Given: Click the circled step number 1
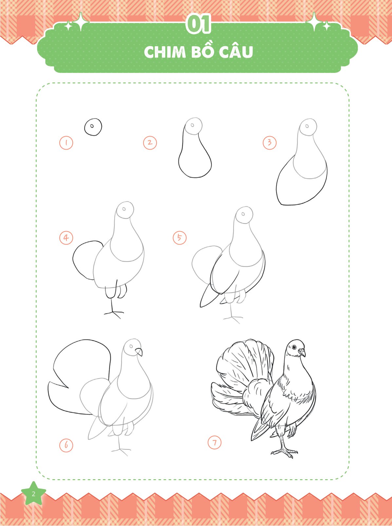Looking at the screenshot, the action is click(66, 143).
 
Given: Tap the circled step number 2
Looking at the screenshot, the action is click(150, 143).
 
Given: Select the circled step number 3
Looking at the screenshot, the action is click(270, 143).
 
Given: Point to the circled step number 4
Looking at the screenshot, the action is click(66, 238).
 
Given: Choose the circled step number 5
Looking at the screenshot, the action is click(180, 238).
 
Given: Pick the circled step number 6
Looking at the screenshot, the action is click(66, 445).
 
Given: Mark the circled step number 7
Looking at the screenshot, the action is click(215, 443).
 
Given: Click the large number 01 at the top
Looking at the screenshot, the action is click(198, 24).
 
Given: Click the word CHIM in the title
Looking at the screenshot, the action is click(165, 52).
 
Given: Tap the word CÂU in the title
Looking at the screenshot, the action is click(236, 51).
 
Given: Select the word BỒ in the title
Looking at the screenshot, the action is click(202, 51).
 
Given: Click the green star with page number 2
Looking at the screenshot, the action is click(33, 494).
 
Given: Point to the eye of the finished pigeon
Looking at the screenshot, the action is click(294, 347).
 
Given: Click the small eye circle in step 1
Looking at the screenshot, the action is click(92, 126).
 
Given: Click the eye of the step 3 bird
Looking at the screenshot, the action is click(307, 126).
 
